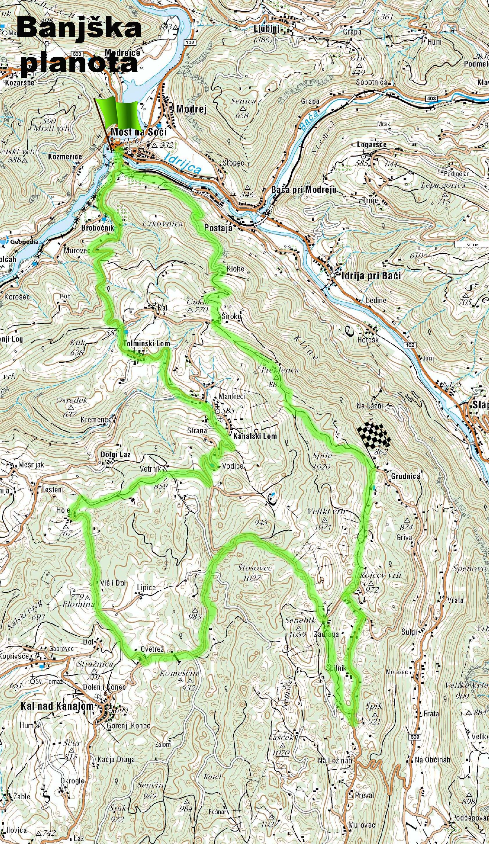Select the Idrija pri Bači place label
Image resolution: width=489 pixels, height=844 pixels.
[370, 276]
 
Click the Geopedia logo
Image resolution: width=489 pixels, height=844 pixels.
[21, 241]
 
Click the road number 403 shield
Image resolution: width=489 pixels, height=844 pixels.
[432, 98]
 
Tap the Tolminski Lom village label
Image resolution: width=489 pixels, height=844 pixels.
[146, 343]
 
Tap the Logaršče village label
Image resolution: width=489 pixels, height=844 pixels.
[371, 144]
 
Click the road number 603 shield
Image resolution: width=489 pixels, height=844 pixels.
[77, 54]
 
